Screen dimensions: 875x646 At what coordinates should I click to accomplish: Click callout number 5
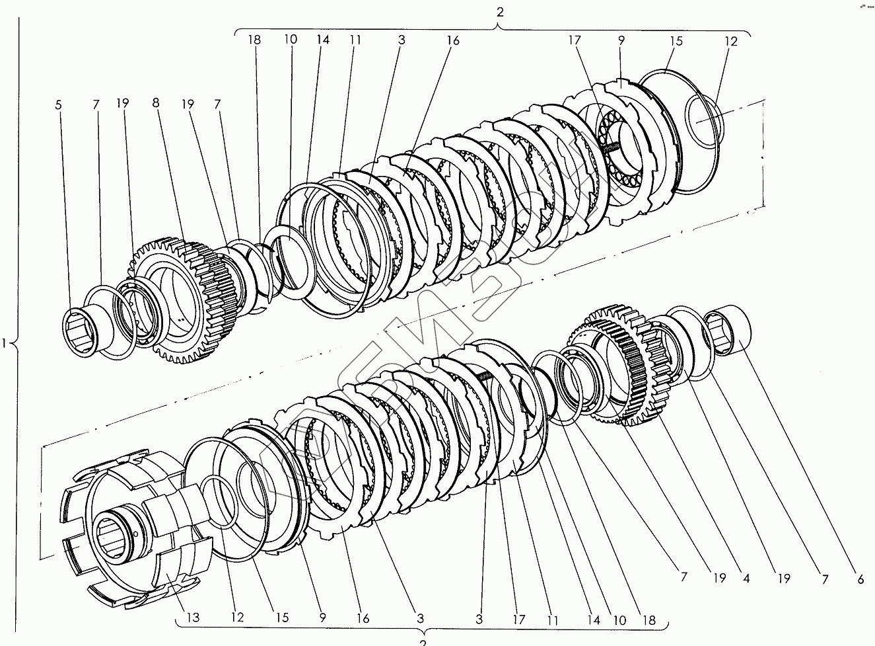pyautogui.click(x=58, y=104)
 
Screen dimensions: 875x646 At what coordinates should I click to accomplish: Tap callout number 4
pyautogui.click(x=746, y=578)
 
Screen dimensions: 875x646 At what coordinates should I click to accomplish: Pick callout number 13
pyautogui.click(x=192, y=618)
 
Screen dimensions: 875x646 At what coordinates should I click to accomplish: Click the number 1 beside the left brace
pyautogui.click(x=5, y=343)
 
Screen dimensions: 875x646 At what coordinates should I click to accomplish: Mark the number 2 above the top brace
pyautogui.click(x=500, y=12)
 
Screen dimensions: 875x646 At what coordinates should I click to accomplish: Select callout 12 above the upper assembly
pyautogui.click(x=731, y=41)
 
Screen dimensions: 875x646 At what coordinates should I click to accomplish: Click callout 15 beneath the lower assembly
pyautogui.click(x=282, y=618)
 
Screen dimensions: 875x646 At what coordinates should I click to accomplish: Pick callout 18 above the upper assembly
pyautogui.click(x=255, y=40)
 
